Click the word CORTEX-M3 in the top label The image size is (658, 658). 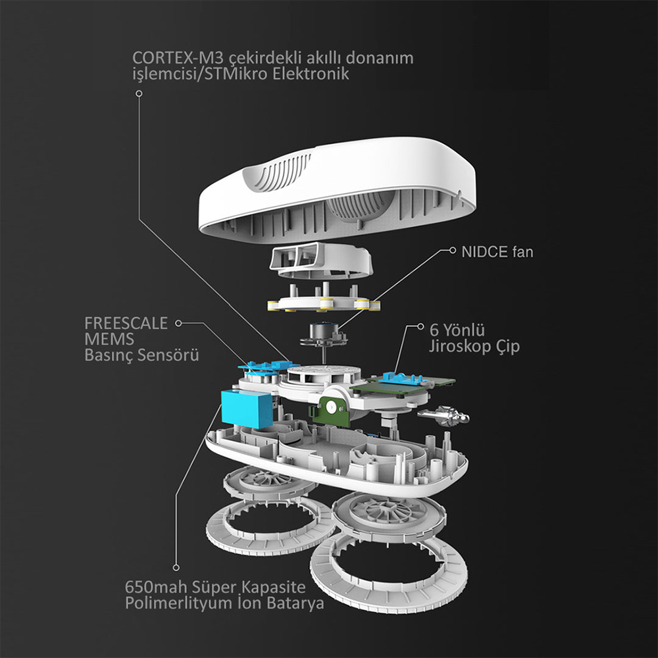coord(178,58)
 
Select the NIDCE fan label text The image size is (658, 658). coord(497,252)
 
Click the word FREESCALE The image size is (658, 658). coord(126,323)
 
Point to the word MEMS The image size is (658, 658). coord(109,339)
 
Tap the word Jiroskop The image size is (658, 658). coord(460,347)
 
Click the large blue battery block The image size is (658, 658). coord(247,409)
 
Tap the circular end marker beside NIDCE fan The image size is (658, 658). coord(453,250)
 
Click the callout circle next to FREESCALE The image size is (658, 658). coord(178,323)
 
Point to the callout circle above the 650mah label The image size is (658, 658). coord(176,568)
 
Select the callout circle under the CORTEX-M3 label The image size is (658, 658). coord(139,93)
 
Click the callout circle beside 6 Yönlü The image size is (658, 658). coord(420,326)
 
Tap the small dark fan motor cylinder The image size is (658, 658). coord(322,331)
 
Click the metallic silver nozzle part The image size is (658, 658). coord(443,416)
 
